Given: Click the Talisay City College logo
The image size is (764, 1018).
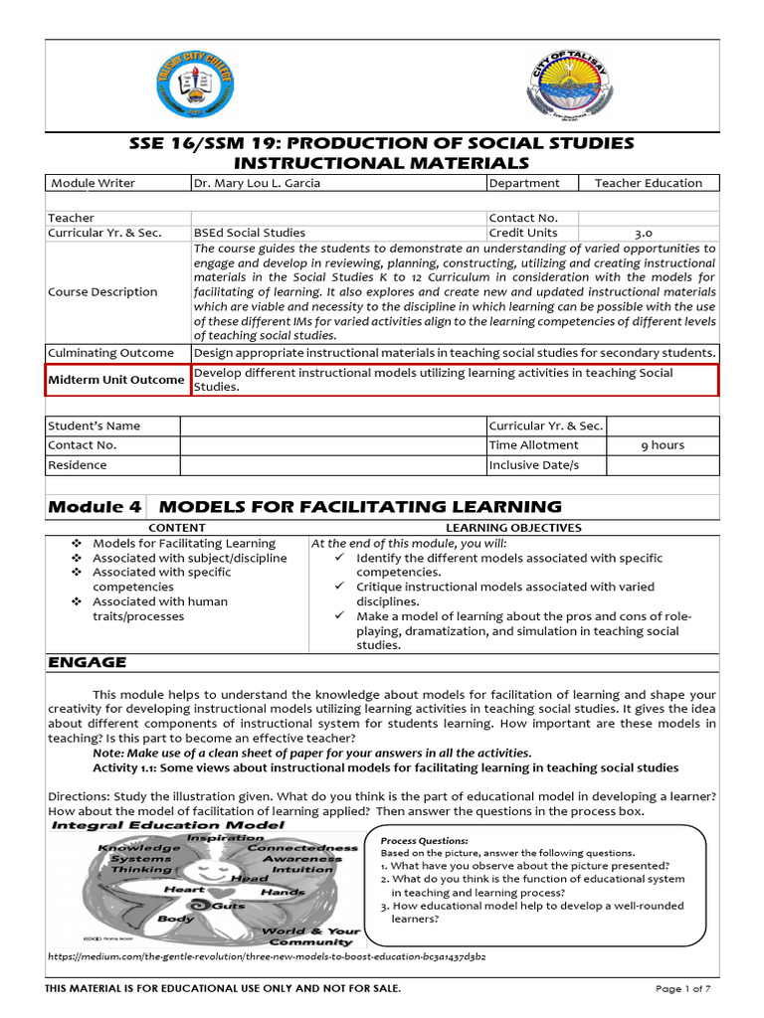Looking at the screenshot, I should coord(198,87).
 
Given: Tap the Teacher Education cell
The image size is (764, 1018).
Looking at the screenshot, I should coord(648,183).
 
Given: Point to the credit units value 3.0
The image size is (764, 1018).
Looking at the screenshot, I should coord(644,233).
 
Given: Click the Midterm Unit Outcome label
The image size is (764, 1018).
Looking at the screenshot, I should coord(118,380).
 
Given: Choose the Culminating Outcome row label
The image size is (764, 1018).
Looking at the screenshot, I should coord(111,353).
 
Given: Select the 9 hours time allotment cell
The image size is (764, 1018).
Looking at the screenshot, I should coord(663,445).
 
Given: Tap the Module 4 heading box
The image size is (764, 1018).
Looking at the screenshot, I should coord(95,507).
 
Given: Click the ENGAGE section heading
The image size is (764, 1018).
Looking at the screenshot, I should coord(88,662).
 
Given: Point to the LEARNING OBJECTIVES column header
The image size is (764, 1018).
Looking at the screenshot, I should coord(513,528).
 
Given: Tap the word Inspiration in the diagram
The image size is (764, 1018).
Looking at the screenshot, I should coord(226,837).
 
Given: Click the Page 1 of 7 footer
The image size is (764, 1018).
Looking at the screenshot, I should coord(687,988).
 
